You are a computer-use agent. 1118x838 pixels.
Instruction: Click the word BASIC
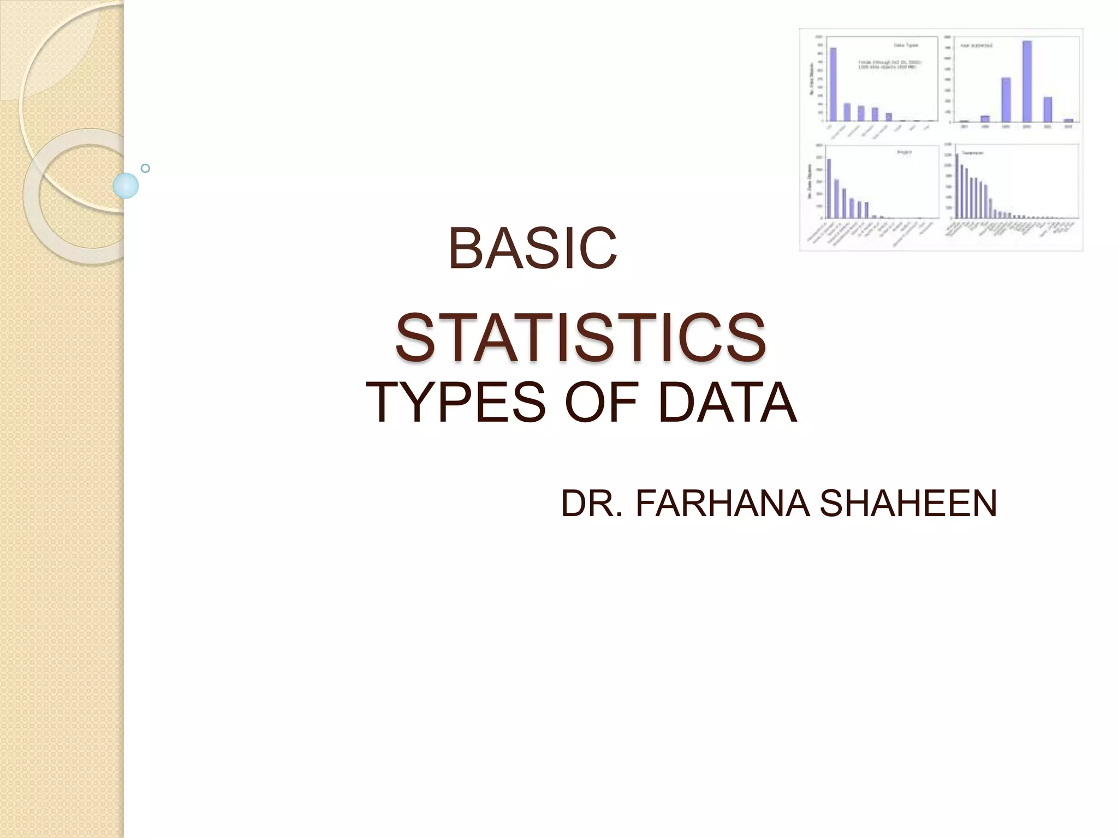(532, 249)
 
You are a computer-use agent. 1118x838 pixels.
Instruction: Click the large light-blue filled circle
(126, 185)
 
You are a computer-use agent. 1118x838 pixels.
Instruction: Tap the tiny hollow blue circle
(145, 169)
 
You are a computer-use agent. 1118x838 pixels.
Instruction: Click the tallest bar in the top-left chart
(834, 84)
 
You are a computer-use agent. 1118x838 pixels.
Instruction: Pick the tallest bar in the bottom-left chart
(829, 188)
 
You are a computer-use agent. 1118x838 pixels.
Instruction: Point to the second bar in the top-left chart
(847, 112)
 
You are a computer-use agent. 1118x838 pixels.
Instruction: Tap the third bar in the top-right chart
(1006, 99)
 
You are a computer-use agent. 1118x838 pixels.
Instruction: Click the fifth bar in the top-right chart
(1048, 109)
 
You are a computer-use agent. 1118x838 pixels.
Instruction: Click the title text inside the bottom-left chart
(905, 152)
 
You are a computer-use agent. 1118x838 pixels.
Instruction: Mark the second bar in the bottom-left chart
(836, 199)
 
